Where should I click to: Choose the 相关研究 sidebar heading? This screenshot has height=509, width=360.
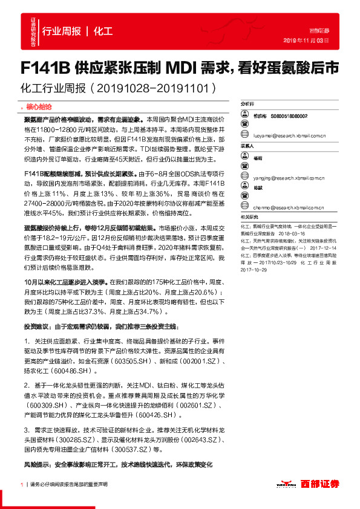pyautogui.click(x=248, y=216)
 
